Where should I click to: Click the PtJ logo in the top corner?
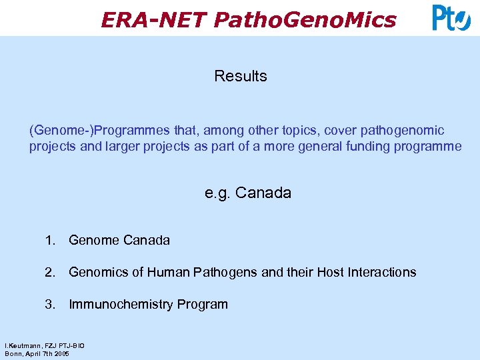[x=451, y=18]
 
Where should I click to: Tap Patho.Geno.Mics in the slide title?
[x=305, y=20]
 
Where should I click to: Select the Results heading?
[x=241, y=76]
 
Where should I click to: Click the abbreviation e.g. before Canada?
[x=218, y=194]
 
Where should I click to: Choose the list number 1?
[x=50, y=240]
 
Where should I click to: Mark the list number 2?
[x=50, y=272]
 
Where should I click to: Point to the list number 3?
[x=50, y=305]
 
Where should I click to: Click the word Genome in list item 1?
[x=92, y=240]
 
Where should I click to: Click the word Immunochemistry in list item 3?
[x=121, y=305]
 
